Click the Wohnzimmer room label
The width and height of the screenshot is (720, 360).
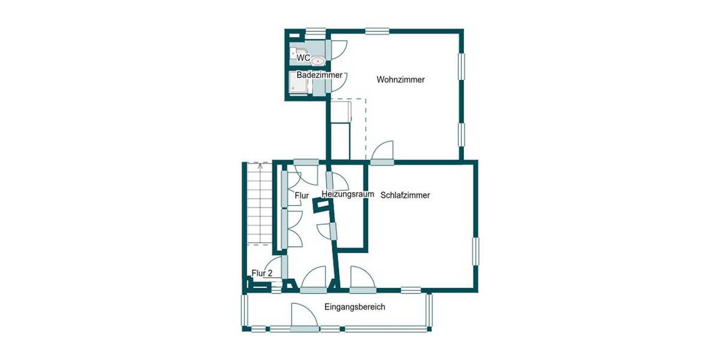tap(400, 80)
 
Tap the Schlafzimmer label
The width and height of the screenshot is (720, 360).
tap(405, 195)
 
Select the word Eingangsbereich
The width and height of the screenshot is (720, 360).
tap(354, 307)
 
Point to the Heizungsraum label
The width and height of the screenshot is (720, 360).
tap(347, 194)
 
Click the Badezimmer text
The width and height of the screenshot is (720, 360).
tap(319, 76)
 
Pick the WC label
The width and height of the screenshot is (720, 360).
tap(304, 59)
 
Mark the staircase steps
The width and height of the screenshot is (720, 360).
tap(259, 204)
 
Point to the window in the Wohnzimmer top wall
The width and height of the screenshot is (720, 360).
tap(377, 31)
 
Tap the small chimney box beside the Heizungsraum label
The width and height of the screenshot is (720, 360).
tap(323, 205)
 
